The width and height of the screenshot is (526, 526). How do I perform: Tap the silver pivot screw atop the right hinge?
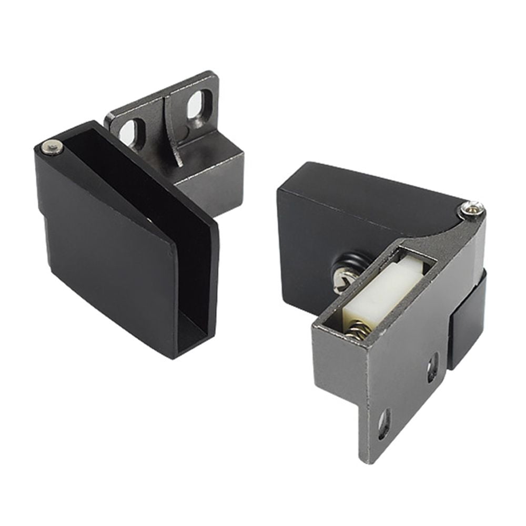tap(471, 209)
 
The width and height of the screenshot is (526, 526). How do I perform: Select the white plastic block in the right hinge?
tap(382, 292)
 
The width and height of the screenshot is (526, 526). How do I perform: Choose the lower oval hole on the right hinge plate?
tap(385, 424)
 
